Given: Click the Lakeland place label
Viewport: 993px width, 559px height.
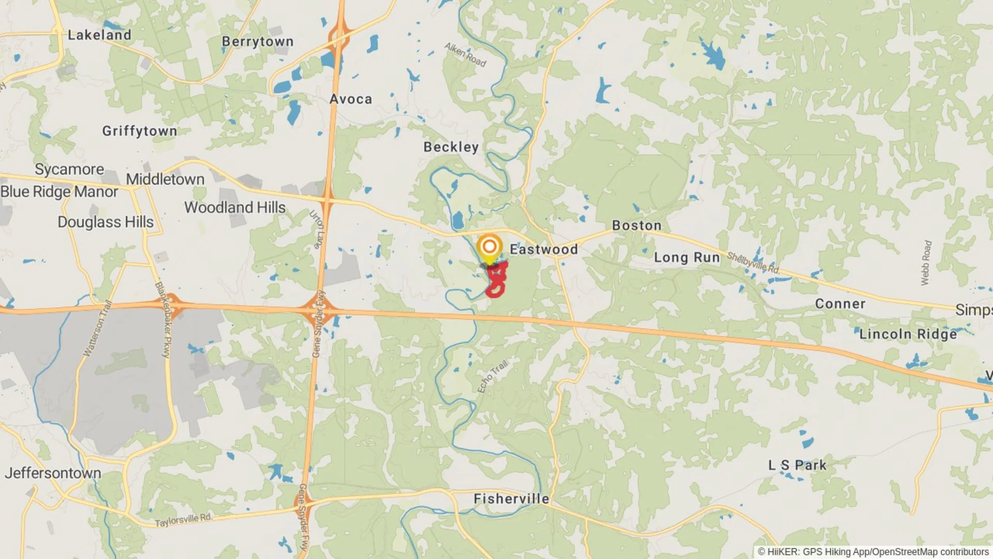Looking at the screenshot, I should [x=99, y=35].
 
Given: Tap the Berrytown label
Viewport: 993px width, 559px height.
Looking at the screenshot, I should [x=258, y=42].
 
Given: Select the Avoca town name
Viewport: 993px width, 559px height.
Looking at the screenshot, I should [x=351, y=99].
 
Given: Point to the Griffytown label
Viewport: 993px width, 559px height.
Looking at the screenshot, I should [x=140, y=131].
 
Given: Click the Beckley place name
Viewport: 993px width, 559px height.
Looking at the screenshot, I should [x=451, y=148].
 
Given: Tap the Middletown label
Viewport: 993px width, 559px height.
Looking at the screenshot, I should [x=165, y=180].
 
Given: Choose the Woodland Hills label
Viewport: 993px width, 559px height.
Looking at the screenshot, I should [x=235, y=208].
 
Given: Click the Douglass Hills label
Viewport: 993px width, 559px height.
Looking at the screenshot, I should [x=106, y=222].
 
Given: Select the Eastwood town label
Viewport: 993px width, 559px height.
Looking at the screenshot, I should [x=544, y=249].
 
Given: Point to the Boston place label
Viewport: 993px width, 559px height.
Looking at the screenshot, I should [x=637, y=226].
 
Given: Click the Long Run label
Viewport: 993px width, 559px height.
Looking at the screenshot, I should [x=687, y=258].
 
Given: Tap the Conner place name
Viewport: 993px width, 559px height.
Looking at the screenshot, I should [x=840, y=304].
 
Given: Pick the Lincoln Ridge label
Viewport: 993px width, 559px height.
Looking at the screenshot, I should [x=908, y=334].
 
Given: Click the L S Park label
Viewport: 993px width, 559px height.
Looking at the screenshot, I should [x=797, y=465].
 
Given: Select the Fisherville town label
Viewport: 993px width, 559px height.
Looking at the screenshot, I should [x=511, y=499].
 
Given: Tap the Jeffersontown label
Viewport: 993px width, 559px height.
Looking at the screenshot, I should [x=53, y=473].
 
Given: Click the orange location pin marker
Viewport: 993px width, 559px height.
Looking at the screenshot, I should [x=489, y=247].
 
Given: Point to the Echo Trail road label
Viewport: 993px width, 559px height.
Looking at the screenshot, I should [x=492, y=376].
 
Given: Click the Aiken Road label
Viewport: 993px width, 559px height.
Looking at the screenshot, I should [x=465, y=55].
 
